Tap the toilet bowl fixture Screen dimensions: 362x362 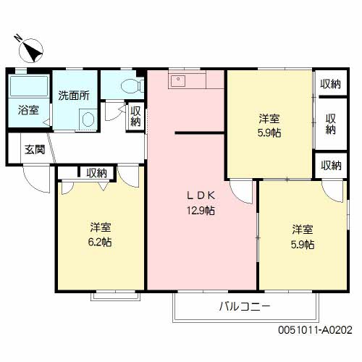[132, 85]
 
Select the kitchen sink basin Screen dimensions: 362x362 [178, 81]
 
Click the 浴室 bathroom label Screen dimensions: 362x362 [28, 110]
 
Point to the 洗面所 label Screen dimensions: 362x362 [74, 96]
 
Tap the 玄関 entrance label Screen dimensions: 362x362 [35, 150]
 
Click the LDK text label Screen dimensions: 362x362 [201, 195]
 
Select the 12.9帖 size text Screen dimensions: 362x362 [201, 211]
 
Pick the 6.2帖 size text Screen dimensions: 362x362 [100, 242]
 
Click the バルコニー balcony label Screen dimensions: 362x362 [245, 307]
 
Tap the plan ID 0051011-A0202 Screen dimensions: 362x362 [315, 330]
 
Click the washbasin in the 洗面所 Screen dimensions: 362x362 [88, 119]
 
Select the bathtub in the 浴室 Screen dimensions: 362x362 [29, 86]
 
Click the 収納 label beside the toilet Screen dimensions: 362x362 [135, 117]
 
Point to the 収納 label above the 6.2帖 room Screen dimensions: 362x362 [96, 173]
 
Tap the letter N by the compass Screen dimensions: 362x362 [17, 38]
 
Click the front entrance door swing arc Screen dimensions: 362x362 [34, 182]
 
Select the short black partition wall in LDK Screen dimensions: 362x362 [200, 132]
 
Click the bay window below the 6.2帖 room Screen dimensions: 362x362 [116, 296]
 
